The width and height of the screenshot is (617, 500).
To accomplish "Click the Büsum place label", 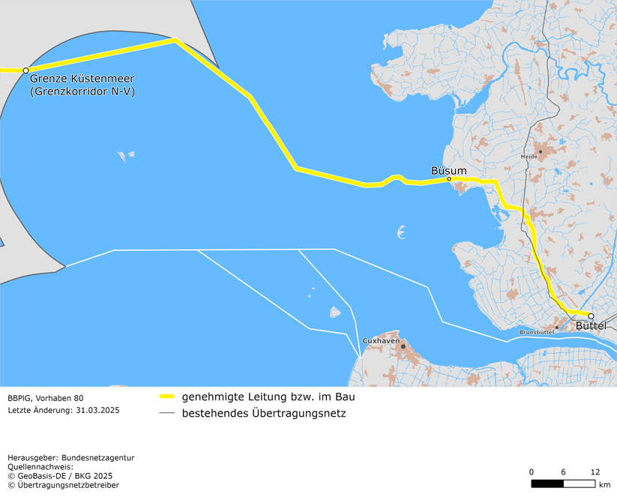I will tap(448, 170).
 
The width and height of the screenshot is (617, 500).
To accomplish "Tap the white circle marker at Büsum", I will tap(449, 179).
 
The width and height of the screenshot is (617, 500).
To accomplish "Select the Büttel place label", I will tap(591, 326).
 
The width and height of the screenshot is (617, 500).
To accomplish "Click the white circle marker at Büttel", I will tap(591, 316).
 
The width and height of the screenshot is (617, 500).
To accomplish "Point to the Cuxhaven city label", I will tap(381, 340).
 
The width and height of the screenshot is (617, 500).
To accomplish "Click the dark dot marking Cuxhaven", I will tap(403, 346).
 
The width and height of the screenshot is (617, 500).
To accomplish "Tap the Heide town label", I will tap(529, 157).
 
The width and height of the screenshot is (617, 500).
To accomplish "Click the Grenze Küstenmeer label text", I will tap(82, 79).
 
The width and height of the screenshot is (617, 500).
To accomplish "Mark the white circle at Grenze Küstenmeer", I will tap(26, 70).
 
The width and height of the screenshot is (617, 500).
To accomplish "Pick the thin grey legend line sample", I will tap(167, 413).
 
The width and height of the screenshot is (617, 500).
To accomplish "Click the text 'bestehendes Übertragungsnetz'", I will tap(264, 413).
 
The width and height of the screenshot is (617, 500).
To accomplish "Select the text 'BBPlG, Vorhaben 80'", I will tap(45, 397).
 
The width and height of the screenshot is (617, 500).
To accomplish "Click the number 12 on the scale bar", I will tap(595, 472).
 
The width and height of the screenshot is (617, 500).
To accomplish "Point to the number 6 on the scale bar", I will tap(563, 472).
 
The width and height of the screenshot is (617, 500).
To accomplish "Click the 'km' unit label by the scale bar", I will tap(605, 485).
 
